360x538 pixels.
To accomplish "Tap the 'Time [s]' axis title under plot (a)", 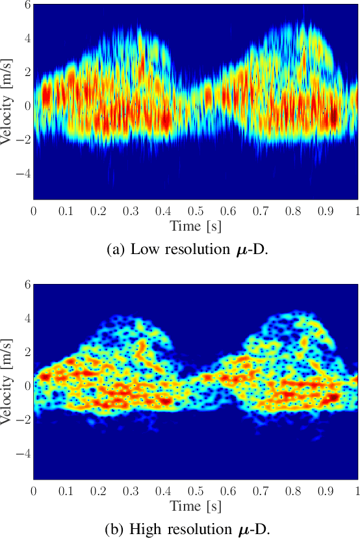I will pos(196,226).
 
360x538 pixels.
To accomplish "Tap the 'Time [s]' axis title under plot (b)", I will pos(196,506).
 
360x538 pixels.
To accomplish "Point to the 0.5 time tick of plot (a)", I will pos(196,211).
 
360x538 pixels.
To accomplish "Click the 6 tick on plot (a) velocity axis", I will pos(28,5).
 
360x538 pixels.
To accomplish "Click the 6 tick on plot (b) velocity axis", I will pos(28,285).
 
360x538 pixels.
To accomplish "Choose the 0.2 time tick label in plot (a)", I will pos(98,211).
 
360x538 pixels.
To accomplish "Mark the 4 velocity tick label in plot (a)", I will pos(28,38).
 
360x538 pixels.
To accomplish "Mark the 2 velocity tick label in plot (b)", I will pos(28,352).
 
